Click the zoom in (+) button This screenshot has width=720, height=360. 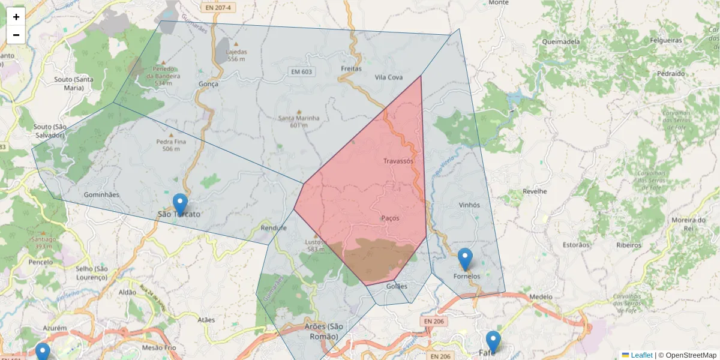pyautogui.click(x=16, y=17)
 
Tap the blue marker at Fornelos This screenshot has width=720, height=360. pyautogui.click(x=465, y=259)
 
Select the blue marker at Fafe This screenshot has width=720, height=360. pyautogui.click(x=493, y=341)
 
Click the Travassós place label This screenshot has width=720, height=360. pyautogui.click(x=398, y=161)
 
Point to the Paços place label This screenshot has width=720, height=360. pyautogui.click(x=390, y=218)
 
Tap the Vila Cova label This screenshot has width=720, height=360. pyautogui.click(x=388, y=77)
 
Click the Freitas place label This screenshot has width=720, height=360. pyautogui.click(x=351, y=68)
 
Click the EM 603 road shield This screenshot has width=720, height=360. pyautogui.click(x=302, y=72)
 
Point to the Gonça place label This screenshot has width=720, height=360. pyautogui.click(x=208, y=84)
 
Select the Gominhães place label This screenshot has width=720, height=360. pyautogui.click(x=101, y=194)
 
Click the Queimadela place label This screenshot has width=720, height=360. pyautogui.click(x=560, y=42)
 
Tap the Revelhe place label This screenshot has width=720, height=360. pyautogui.click(x=535, y=191)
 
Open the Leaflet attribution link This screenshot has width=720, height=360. pyautogui.click(x=641, y=355)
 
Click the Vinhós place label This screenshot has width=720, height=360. pyautogui.click(x=469, y=205)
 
